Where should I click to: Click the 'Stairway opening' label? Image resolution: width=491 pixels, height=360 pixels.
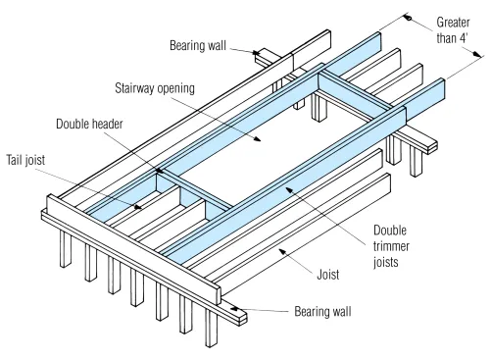pyautogui.click(x=155, y=88)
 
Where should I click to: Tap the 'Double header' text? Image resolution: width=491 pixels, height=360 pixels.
pyautogui.click(x=89, y=124)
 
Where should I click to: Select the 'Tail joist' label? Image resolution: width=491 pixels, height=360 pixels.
pyautogui.click(x=25, y=160)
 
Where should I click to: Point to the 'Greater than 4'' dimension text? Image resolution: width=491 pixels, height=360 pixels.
pyautogui.click(x=453, y=30)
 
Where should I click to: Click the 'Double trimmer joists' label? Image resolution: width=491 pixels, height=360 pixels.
pyautogui.click(x=391, y=246)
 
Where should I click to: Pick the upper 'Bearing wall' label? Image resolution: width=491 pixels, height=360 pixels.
pyautogui.click(x=198, y=45)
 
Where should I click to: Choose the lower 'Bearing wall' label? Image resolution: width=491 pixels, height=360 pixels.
pyautogui.click(x=322, y=311)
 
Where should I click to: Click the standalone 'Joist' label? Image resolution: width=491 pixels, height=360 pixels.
pyautogui.click(x=328, y=275)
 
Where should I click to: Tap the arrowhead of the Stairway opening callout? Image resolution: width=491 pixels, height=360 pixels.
pyautogui.click(x=258, y=138)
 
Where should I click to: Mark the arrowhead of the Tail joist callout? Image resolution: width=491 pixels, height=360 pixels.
pyautogui.click(x=138, y=207)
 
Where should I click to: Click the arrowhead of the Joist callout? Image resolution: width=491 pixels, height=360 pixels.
pyautogui.click(x=282, y=251)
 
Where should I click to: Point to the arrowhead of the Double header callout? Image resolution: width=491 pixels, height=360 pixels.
pyautogui.click(x=159, y=171)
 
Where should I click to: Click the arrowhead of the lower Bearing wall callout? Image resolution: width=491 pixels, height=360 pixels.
pyautogui.click(x=234, y=308)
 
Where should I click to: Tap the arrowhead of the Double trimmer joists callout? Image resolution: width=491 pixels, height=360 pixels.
pyautogui.click(x=289, y=189)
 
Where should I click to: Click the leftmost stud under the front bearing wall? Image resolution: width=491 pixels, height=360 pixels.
pyautogui.click(x=66, y=249)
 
